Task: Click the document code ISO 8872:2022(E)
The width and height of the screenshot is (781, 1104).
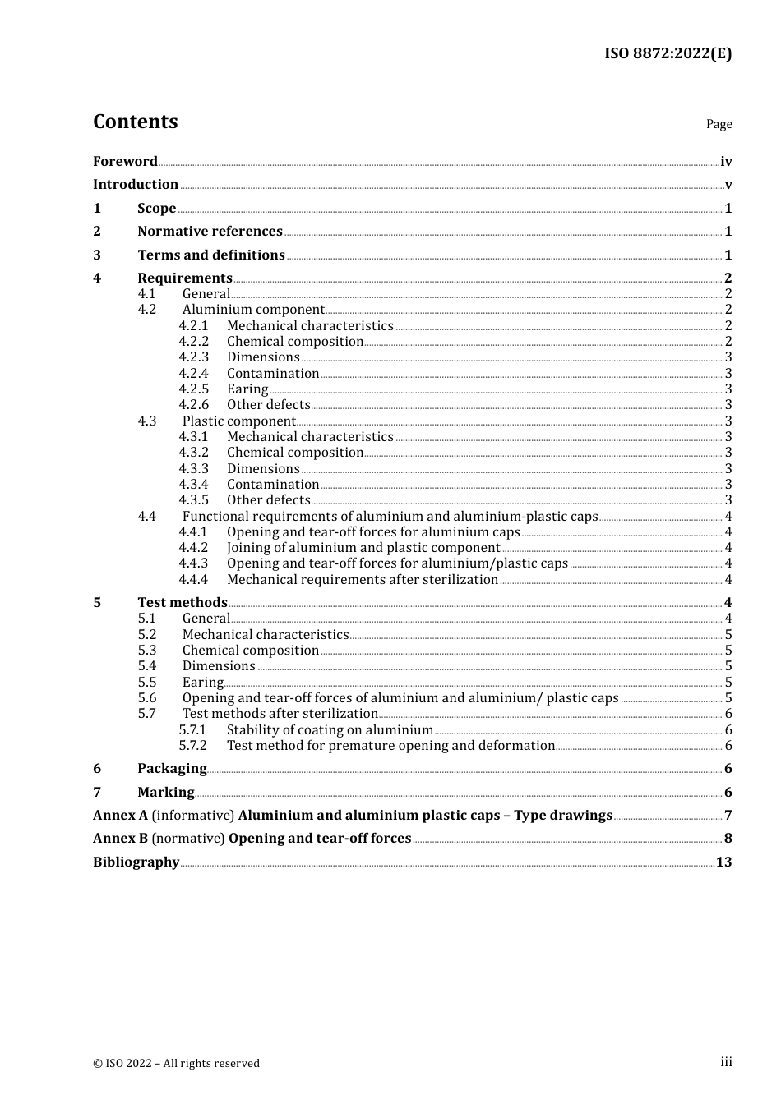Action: pyautogui.click(x=668, y=53)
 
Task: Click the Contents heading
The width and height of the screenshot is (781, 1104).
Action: pyautogui.click(x=135, y=122)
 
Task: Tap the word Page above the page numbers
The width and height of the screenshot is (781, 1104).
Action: pyautogui.click(x=719, y=124)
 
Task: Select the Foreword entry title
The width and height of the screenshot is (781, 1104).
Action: pyautogui.click(x=125, y=162)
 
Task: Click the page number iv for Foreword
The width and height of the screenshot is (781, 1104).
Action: pyautogui.click(x=726, y=162)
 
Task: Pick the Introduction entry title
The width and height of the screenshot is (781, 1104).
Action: pyautogui.click(x=136, y=185)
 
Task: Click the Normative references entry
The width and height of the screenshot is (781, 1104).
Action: pyautogui.click(x=210, y=232)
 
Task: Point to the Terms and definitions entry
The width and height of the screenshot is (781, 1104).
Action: pyautogui.click(x=211, y=255)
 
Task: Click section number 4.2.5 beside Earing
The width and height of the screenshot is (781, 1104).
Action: pyautogui.click(x=194, y=389)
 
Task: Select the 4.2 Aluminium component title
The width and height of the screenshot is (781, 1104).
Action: pyautogui.click(x=253, y=310)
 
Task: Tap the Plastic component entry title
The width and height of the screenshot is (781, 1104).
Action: pyautogui.click(x=238, y=421)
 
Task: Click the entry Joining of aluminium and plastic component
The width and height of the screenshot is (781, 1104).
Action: pyautogui.click(x=363, y=548)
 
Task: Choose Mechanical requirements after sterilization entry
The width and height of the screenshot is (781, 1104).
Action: pyautogui.click(x=363, y=580)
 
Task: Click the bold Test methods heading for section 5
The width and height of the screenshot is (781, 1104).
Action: pyautogui.click(x=182, y=603)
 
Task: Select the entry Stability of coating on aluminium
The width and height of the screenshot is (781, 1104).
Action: pyautogui.click(x=330, y=730)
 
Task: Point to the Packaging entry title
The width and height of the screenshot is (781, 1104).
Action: pyautogui.click(x=172, y=769)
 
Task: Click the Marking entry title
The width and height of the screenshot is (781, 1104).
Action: pyautogui.click(x=166, y=793)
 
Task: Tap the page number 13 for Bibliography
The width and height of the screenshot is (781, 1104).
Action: pyautogui.click(x=723, y=862)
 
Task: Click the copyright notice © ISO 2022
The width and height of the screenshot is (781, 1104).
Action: pyautogui.click(x=176, y=1064)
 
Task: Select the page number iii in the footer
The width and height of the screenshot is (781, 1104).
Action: pyautogui.click(x=726, y=1062)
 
